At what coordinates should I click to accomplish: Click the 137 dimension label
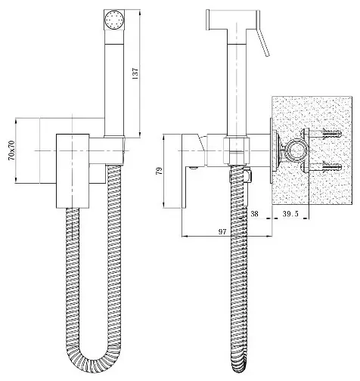tap(135, 73)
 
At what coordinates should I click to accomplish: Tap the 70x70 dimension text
tap(11, 150)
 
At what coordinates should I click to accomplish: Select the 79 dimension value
tap(159, 171)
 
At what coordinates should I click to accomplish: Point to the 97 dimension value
tap(222, 231)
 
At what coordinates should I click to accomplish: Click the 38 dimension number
tap(254, 214)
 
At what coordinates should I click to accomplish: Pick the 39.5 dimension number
tap(290, 214)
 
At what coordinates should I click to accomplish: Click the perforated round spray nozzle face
tap(114, 19)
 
